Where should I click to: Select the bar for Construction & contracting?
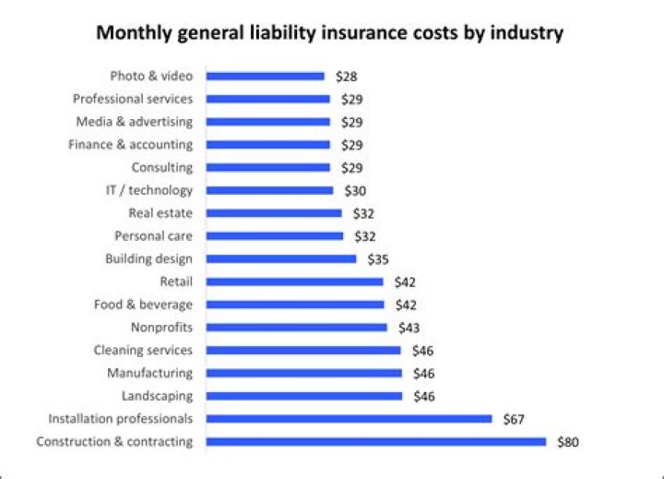pyautogui.click(x=375, y=441)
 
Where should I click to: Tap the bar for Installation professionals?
pyautogui.click(x=349, y=418)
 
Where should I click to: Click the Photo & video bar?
pyautogui.click(x=265, y=76)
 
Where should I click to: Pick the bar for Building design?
pyautogui.click(x=280, y=258)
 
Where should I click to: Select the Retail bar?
pyautogui.click(x=294, y=281)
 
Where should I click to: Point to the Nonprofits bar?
pyautogui.click(x=296, y=327)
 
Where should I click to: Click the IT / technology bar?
pyautogui.click(x=269, y=190)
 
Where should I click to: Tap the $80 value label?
pyautogui.click(x=568, y=442)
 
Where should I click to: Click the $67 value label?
pyautogui.click(x=515, y=419)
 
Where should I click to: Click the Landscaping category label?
pyautogui.click(x=157, y=396)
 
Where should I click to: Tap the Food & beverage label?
pyautogui.click(x=143, y=305)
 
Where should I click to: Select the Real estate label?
pyautogui.click(x=160, y=213)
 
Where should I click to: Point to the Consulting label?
pyautogui.click(x=161, y=167)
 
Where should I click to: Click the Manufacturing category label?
pyautogui.click(x=149, y=373)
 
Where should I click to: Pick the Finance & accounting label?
pyautogui.click(x=130, y=145)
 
